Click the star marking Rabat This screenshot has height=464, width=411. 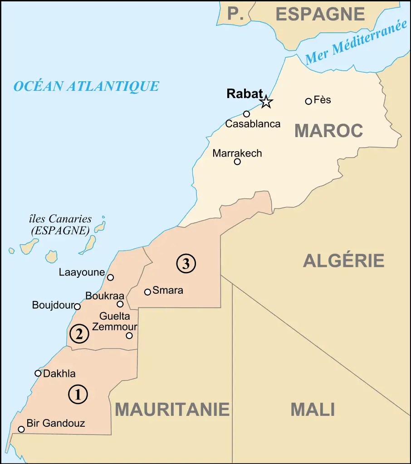tap(266, 102)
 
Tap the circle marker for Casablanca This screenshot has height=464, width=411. tap(246, 114)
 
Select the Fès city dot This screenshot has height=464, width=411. tap(308, 101)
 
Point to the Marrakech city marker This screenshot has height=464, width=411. tap(237, 162)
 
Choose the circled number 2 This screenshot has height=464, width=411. tap(79, 335)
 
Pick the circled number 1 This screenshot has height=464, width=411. tap(78, 394)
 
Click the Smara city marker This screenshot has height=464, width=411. tap(147, 292)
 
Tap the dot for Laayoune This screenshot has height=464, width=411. tap(110, 277)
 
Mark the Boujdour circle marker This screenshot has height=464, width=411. tap(77, 306)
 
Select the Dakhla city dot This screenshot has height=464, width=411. tap(38, 373)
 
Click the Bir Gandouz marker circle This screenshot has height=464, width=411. tap(21, 429)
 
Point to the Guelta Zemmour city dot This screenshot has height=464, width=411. tap(129, 336)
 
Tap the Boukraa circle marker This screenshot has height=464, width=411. tap(120, 304)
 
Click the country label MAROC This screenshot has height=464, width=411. tap(328, 131)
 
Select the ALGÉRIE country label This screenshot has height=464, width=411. tap(343, 261)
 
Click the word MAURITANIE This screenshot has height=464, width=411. tap(172, 410)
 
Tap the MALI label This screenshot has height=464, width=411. tap(313, 410)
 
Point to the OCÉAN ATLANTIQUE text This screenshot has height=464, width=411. tap(86, 86)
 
